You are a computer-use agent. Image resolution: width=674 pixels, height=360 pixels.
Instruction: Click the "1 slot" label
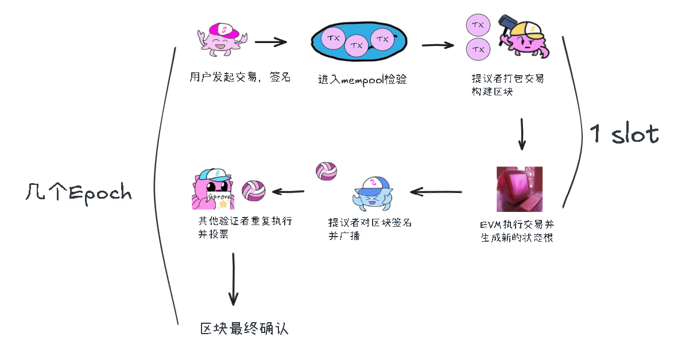pos(623,133)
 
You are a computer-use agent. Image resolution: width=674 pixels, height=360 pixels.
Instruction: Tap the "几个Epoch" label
pos(79,192)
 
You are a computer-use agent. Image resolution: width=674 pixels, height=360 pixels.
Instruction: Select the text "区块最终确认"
pos(244,328)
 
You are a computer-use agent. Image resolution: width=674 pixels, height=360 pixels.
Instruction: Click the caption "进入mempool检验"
pos(362,80)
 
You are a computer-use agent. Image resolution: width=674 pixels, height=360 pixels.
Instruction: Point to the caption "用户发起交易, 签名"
pos(240,77)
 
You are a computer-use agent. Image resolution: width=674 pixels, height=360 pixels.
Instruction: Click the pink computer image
pos(519,189)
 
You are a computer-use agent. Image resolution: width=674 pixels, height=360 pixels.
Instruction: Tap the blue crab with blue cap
pos(372,193)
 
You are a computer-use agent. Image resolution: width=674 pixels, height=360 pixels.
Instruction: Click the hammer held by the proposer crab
pos(507,26)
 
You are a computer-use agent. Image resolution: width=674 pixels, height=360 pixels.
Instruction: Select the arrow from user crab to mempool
pos(271,42)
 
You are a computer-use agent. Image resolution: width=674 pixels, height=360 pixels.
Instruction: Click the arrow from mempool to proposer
pos(437,45)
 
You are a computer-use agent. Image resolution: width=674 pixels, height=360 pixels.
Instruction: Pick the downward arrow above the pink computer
pos(522,134)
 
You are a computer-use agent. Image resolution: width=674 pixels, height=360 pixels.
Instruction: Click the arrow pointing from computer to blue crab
pos(436,191)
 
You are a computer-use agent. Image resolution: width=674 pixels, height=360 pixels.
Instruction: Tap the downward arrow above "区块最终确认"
pos(234,279)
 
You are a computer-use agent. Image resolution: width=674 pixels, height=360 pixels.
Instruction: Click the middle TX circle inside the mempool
pos(357,45)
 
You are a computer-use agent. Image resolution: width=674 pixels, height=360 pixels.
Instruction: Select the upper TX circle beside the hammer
pos(478,25)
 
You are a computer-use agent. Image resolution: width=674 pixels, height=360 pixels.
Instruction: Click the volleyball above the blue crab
pos(326,171)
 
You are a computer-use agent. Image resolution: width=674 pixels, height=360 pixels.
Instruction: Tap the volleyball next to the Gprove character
pos(254,191)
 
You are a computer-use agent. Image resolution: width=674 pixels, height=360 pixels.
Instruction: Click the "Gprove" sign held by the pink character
pos(219,196)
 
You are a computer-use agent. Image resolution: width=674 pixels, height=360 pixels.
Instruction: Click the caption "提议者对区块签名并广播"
pos(370,229)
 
